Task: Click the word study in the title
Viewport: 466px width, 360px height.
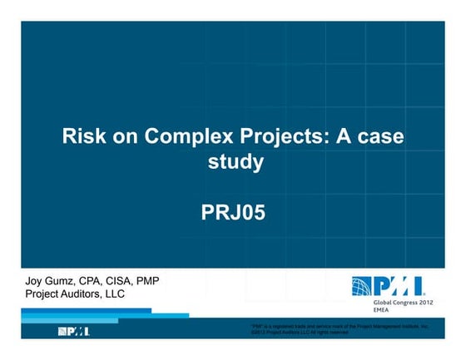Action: tap(235, 161)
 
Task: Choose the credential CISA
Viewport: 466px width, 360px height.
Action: tap(130, 280)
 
